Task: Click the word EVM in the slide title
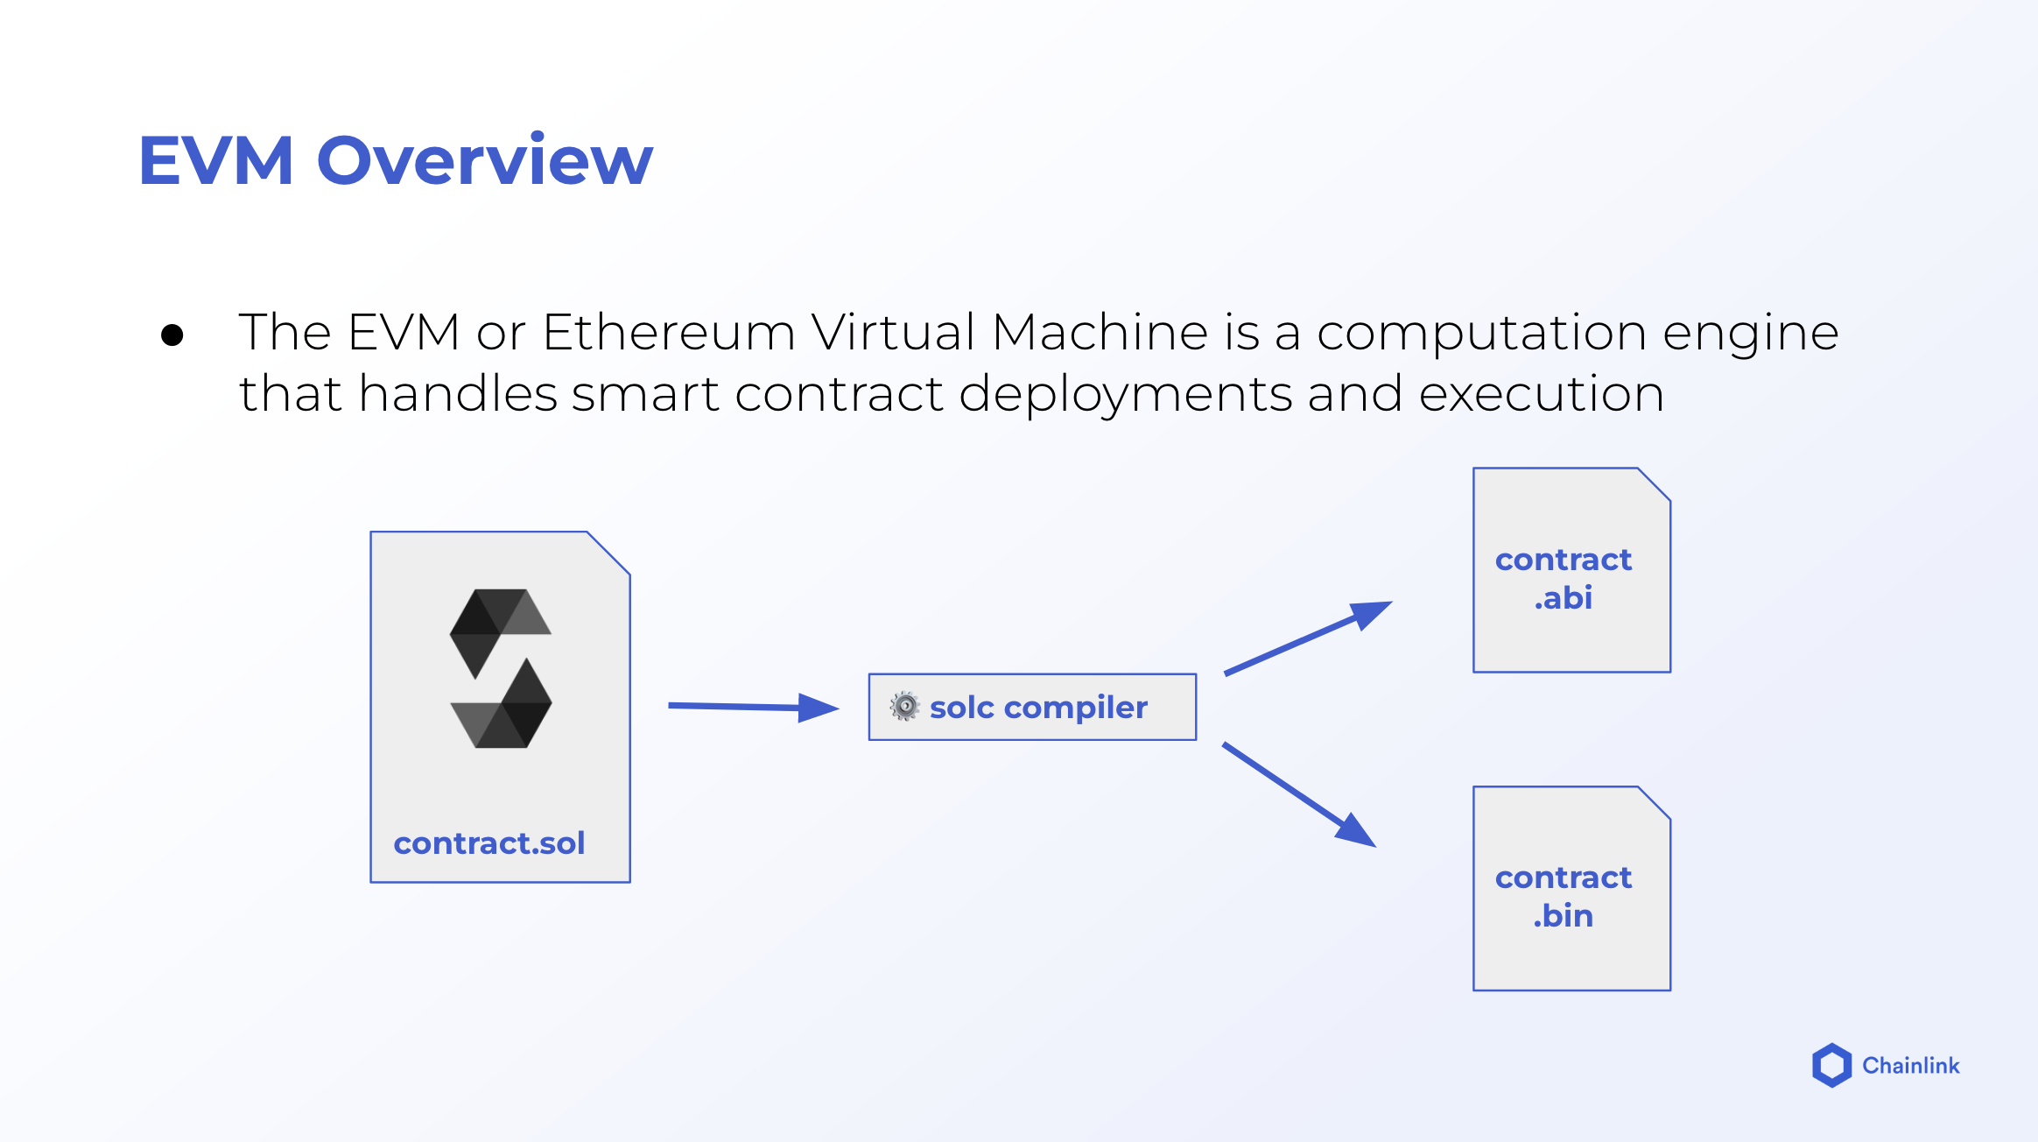(x=215, y=161)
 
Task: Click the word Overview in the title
(x=484, y=161)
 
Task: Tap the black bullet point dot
(x=172, y=335)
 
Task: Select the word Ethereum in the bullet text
(x=668, y=333)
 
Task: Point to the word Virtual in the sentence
(x=893, y=333)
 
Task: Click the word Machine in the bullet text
(x=1100, y=333)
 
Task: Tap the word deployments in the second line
(x=1126, y=395)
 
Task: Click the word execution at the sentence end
(x=1541, y=394)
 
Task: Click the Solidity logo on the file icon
(x=501, y=668)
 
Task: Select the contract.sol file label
(x=489, y=843)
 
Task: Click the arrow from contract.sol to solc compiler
(x=752, y=707)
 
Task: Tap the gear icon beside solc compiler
(x=904, y=706)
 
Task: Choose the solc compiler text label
(x=1038, y=708)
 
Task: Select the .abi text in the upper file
(x=1564, y=598)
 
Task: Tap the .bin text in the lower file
(x=1564, y=916)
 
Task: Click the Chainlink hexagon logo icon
(x=1831, y=1065)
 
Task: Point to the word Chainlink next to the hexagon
(x=1910, y=1066)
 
